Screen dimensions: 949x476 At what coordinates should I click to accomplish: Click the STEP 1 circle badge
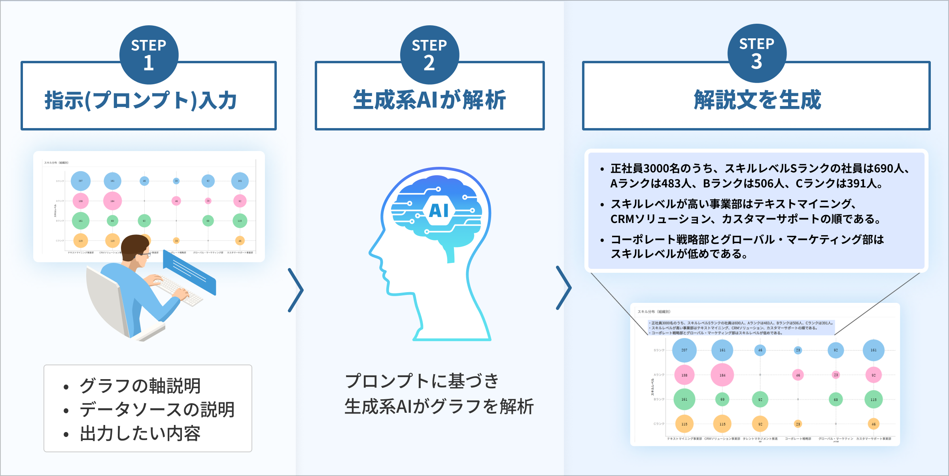149,55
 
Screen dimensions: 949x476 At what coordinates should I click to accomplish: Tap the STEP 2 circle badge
429,55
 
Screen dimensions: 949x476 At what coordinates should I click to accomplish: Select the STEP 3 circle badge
756,53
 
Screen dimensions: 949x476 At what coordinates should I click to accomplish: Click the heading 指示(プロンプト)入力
141,100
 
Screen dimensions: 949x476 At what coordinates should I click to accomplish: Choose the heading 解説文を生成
757,100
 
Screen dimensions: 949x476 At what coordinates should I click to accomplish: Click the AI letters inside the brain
439,210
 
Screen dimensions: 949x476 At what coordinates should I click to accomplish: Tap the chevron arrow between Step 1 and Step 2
296,290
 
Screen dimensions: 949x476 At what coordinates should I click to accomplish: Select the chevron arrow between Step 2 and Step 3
564,288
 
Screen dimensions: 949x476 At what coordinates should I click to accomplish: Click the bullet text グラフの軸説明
140,386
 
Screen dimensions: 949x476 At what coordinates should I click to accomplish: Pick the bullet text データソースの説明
157,410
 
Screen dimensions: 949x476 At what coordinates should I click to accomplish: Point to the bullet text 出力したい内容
140,434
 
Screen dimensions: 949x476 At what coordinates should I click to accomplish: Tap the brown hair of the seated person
134,245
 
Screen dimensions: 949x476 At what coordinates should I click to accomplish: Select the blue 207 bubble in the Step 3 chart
684,350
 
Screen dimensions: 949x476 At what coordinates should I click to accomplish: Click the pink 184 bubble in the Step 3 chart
722,375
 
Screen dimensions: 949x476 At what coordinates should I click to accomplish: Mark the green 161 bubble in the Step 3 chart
684,399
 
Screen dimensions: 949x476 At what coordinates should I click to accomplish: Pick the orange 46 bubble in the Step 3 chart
873,424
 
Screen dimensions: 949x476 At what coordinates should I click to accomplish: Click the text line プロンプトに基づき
422,381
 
